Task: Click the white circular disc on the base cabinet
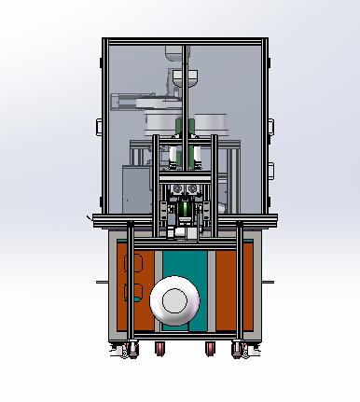pos(174,300)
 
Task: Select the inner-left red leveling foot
pos(159,350)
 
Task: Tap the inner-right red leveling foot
pos(208,350)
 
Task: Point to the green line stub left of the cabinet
pos(101,280)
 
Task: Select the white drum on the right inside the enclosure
pos(212,122)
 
